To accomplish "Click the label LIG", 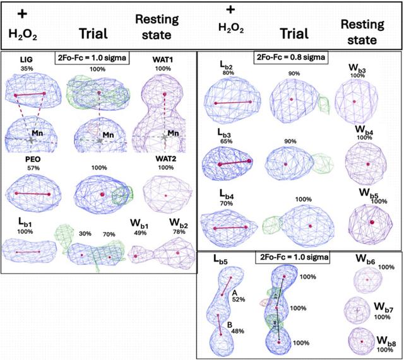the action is pyautogui.click(x=27, y=60).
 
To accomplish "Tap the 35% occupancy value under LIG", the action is pyautogui.click(x=27, y=69).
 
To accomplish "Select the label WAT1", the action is pyautogui.click(x=163, y=60).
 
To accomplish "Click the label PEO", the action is pyautogui.click(x=33, y=160).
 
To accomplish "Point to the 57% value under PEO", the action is pyautogui.click(x=33, y=168).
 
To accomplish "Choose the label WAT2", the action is pyautogui.click(x=165, y=159).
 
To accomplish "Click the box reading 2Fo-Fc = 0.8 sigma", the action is pyautogui.click(x=291, y=57).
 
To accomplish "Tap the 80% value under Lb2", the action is pyautogui.click(x=229, y=73).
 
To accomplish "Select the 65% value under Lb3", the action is pyautogui.click(x=226, y=141).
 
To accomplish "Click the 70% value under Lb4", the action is pyautogui.click(x=227, y=204).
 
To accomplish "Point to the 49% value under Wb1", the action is pyautogui.click(x=140, y=233).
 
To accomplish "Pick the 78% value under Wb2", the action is pyautogui.click(x=179, y=232).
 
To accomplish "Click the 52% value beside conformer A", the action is pyautogui.click(x=239, y=299).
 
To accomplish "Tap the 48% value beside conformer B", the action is pyautogui.click(x=237, y=331).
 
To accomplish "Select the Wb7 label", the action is pyautogui.click(x=384, y=307).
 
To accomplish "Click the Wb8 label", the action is pyautogui.click(x=386, y=340).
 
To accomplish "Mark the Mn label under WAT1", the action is pyautogui.click(x=173, y=133).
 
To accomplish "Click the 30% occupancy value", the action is pyautogui.click(x=85, y=234).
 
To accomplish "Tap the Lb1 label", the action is pyautogui.click(x=25, y=222).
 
